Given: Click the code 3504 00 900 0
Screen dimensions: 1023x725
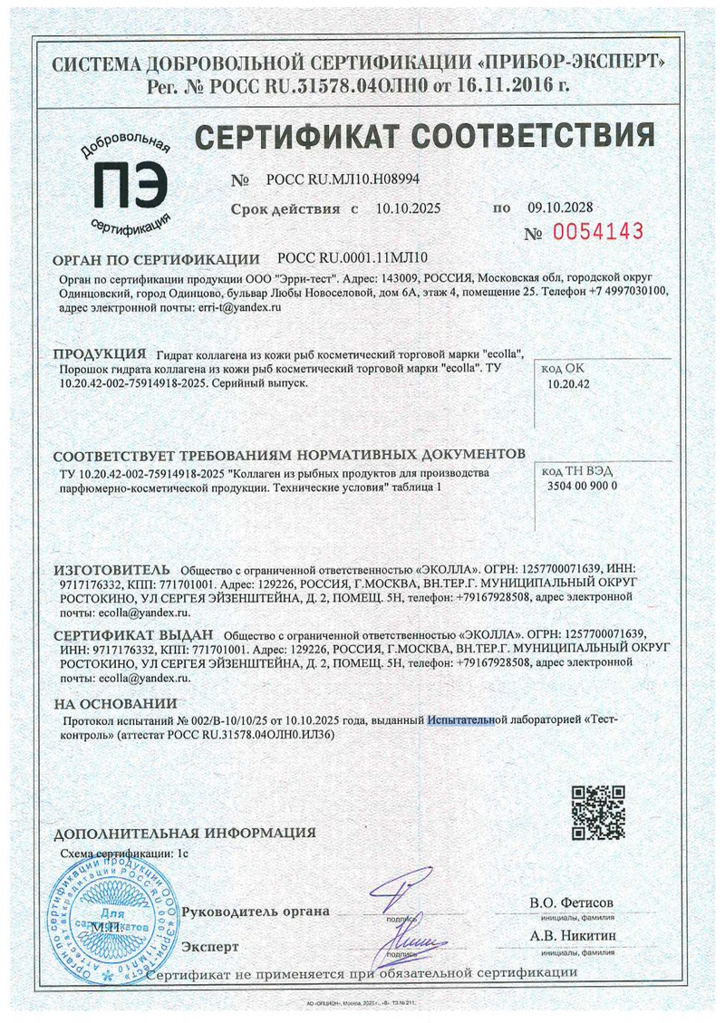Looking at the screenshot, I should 582,486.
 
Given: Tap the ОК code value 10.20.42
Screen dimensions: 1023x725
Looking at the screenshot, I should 569,383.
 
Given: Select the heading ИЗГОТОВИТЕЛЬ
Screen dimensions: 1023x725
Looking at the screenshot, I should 111,568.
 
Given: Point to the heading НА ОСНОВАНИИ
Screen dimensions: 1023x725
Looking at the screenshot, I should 115,704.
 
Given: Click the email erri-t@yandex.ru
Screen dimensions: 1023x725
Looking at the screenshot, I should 238,308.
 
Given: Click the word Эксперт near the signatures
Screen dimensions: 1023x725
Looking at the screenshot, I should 210,947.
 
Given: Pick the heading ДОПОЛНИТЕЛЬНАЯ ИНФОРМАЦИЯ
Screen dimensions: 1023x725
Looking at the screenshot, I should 185,833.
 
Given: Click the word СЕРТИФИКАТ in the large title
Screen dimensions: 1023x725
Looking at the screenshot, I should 298,138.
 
